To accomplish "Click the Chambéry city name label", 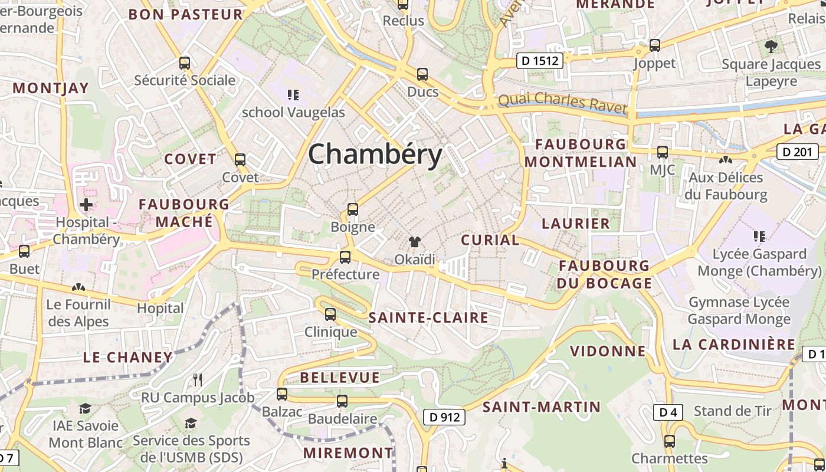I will (375, 155).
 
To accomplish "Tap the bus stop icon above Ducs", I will (422, 74).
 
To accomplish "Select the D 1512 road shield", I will (539, 60).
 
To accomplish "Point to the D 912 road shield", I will (444, 417).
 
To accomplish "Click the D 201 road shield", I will (798, 152).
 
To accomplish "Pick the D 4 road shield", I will (667, 412).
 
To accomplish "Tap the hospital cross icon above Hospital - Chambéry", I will (86, 205).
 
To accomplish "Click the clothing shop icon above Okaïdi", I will (415, 242).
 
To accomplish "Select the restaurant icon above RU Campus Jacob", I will (198, 380).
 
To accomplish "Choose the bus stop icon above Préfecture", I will (345, 257).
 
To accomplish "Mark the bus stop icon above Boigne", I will (353, 209).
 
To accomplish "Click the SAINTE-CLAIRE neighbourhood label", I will (428, 318).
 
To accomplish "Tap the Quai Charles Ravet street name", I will (562, 103).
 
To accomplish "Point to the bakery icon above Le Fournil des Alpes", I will (78, 287).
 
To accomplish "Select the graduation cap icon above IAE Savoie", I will (86, 408).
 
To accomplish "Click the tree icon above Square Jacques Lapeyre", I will (771, 47).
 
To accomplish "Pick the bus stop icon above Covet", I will (240, 160).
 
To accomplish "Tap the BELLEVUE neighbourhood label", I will (339, 378).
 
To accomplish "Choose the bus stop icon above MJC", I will (663, 152).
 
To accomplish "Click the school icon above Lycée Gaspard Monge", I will (759, 237).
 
